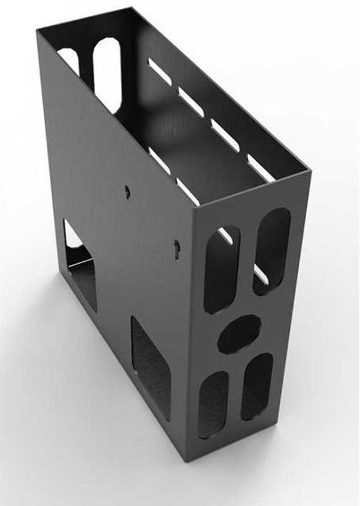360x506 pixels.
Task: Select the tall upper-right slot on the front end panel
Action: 271,252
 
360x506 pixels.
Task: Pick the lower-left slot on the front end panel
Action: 213,404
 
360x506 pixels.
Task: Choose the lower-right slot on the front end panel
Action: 257,386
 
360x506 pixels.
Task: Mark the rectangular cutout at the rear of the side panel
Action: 80,266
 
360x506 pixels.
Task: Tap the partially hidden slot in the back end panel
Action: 71,61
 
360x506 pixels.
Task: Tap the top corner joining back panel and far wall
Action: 131,8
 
